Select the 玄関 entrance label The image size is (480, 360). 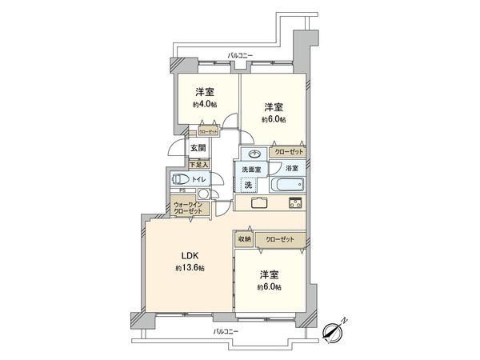point(198,148)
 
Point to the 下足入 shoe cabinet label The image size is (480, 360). point(198,164)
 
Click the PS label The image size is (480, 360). point(182,191)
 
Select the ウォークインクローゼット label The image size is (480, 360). point(190,208)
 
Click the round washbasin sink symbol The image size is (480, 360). point(254,154)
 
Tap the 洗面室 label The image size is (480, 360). point(246,170)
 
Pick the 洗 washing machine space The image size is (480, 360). point(248,185)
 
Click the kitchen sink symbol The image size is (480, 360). point(260,202)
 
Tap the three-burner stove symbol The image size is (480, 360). point(294,202)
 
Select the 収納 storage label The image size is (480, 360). point(244,239)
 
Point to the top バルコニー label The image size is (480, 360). point(240,54)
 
